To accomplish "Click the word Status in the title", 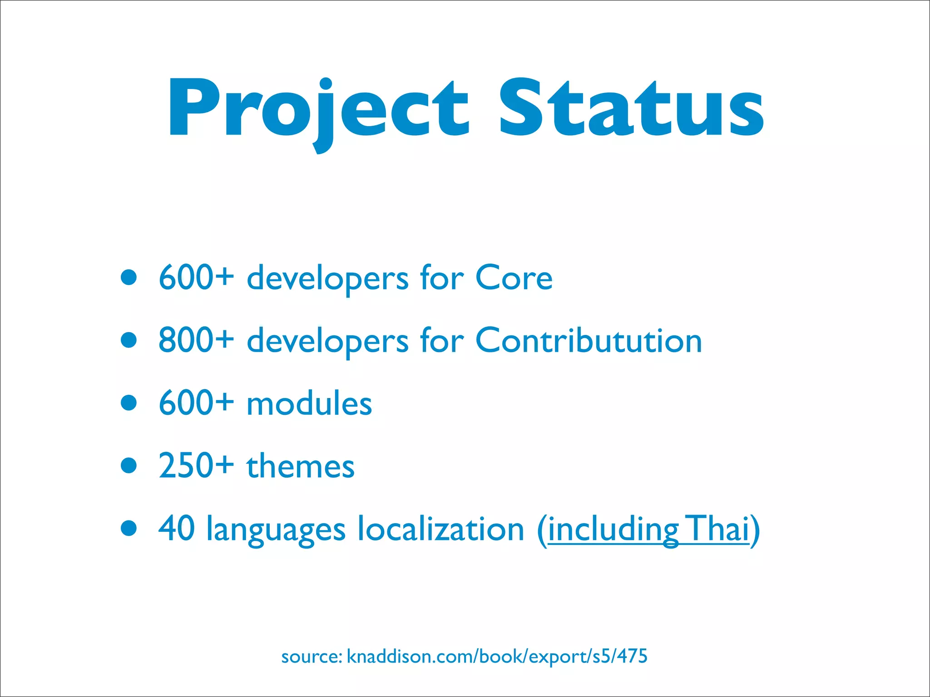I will coord(631,109).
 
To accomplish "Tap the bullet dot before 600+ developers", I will coord(129,277).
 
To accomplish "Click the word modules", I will coord(309,403).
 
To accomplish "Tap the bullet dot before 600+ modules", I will coord(129,402).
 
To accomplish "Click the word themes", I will coord(300,466).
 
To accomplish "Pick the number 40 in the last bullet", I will coord(177,528).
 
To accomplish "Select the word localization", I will coord(440,529).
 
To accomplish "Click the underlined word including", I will coord(613,530).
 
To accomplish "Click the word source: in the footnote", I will coord(312,657).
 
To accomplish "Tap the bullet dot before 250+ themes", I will coord(129,465).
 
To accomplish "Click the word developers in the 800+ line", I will coord(327,341).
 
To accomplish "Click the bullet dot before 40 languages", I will coord(129,528).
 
